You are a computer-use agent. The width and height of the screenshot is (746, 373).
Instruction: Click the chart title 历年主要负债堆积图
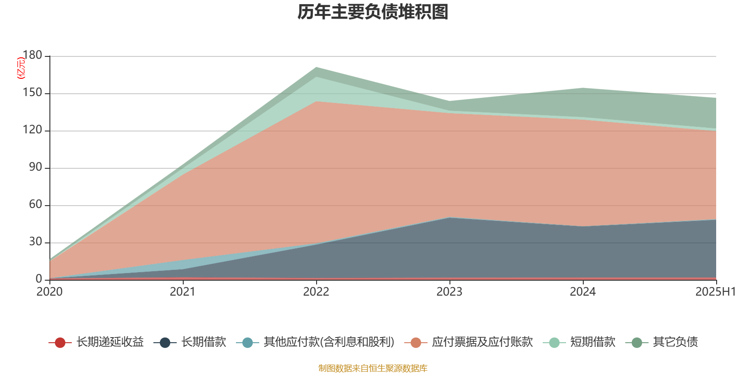[373, 13]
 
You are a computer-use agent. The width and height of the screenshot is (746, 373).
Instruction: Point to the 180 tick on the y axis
[32, 55]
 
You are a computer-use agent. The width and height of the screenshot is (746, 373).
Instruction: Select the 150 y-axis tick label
[32, 93]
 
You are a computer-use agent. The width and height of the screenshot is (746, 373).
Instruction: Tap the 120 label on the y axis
[32, 130]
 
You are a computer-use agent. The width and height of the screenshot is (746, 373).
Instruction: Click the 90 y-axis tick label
[35, 167]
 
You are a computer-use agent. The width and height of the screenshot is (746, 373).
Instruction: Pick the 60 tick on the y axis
[35, 205]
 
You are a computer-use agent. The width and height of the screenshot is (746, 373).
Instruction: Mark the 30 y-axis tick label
[35, 242]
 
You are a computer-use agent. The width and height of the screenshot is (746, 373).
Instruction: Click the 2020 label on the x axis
[49, 292]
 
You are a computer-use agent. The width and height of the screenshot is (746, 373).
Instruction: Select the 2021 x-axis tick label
[183, 292]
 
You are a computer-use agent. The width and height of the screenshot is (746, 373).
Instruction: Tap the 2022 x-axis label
[316, 292]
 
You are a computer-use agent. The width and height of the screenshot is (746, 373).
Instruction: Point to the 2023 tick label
[449, 292]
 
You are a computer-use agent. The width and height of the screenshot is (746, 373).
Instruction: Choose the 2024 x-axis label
[583, 292]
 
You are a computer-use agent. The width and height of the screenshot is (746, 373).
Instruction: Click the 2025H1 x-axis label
[715, 292]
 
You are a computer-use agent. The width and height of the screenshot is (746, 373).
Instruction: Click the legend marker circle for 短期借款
[554, 343]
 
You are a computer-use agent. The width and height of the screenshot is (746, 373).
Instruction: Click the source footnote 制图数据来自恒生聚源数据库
[373, 368]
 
